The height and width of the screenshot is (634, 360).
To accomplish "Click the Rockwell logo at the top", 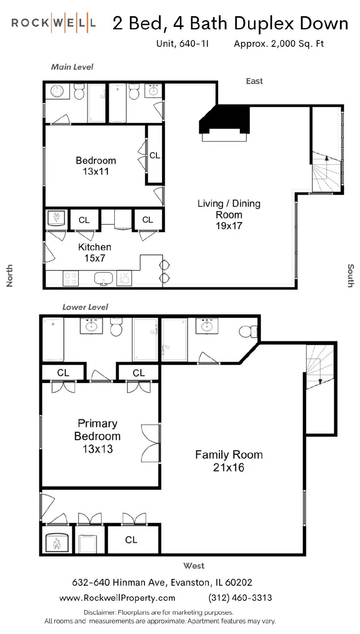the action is click(x=53, y=23).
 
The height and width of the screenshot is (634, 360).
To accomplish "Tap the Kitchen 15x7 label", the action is click(x=95, y=252).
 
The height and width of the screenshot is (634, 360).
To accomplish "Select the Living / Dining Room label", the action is click(x=229, y=214).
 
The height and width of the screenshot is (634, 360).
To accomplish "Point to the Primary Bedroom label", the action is click(x=97, y=436).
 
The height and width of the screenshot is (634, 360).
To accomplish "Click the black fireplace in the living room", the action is click(x=225, y=119).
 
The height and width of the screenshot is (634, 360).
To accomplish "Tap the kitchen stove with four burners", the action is click(x=70, y=278).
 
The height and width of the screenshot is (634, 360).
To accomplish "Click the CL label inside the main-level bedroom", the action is click(x=155, y=155).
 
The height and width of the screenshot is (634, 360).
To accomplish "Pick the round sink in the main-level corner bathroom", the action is click(x=57, y=91).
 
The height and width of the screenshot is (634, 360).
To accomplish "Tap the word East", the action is click(x=254, y=81).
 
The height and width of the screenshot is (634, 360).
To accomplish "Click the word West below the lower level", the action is click(x=194, y=566).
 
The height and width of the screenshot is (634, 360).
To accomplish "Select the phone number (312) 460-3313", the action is click(x=240, y=598).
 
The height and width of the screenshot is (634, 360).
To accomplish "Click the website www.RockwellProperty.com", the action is click(x=117, y=598).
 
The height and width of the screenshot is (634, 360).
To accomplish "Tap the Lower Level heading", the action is click(x=85, y=307).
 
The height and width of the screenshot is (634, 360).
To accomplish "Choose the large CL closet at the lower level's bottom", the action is click(x=131, y=539).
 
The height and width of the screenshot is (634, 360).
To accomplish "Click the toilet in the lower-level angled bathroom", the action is click(x=248, y=331).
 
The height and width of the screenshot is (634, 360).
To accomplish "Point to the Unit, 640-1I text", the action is click(x=183, y=44).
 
